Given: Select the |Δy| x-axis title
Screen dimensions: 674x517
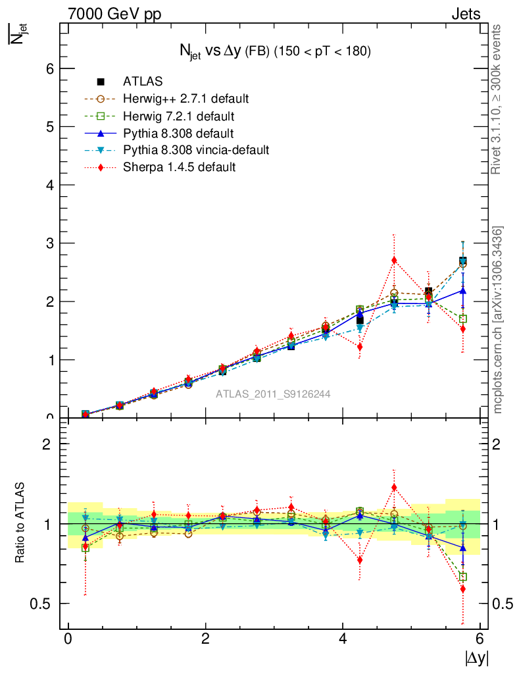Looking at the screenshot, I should pyautogui.click(x=476, y=658).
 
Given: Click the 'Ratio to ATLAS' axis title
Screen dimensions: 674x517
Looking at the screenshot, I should pyautogui.click(x=20, y=524).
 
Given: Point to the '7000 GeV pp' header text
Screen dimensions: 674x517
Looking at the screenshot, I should pyautogui.click(x=115, y=14).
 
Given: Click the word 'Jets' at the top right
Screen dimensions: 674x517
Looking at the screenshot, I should pyautogui.click(x=465, y=14).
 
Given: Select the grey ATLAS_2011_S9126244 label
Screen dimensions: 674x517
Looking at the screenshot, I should pyautogui.click(x=273, y=394).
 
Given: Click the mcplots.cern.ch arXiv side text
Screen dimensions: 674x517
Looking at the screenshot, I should pyautogui.click(x=499, y=320).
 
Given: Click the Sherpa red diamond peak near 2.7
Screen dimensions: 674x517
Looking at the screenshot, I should pyautogui.click(x=394, y=260).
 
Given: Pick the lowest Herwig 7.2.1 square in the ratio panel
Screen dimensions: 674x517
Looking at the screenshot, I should pyautogui.click(x=463, y=577).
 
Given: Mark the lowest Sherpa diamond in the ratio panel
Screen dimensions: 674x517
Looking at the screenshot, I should pyautogui.click(x=463, y=589).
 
